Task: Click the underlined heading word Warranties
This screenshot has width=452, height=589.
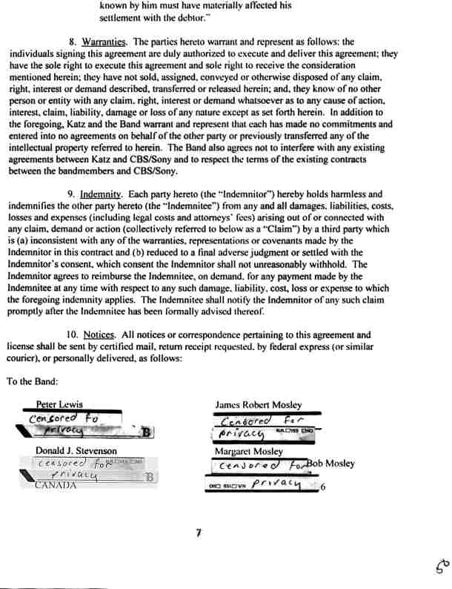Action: point(104,42)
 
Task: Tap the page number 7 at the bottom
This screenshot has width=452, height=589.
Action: point(199,531)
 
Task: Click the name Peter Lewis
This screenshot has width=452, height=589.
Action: point(59,405)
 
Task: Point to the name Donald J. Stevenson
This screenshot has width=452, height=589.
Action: point(76,451)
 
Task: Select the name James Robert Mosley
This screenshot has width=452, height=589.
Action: point(258,405)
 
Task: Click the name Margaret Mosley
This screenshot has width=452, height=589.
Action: point(248,451)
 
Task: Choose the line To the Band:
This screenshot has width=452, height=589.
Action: point(33,381)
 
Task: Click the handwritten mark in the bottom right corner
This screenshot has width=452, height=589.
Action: point(440,568)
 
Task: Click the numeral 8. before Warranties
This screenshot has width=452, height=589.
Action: point(73,42)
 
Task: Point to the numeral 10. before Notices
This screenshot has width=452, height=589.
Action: point(71,335)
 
